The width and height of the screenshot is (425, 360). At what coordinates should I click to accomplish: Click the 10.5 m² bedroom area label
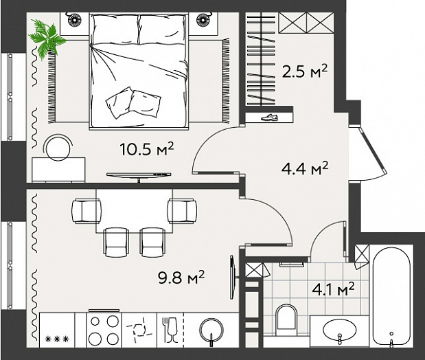point(146,149)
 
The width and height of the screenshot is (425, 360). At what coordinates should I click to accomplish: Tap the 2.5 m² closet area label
point(305,71)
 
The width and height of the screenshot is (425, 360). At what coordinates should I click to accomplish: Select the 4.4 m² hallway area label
point(305,168)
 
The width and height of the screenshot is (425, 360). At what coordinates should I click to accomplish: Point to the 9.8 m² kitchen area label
point(181,277)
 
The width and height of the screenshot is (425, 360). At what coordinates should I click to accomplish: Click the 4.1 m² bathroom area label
point(333,289)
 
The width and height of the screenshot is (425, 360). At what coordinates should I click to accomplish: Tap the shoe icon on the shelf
point(269,117)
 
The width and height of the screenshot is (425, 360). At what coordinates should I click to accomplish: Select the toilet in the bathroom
point(286,320)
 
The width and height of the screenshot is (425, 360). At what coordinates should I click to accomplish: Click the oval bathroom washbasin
point(340,330)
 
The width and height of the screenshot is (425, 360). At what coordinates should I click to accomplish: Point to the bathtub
point(391,297)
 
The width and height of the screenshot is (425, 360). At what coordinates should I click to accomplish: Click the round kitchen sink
point(211,330)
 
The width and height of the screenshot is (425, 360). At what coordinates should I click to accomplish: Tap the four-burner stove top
point(104,330)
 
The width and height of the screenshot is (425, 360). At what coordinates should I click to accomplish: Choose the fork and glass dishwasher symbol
point(170,330)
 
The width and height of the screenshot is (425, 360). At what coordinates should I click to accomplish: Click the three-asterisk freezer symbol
point(57,339)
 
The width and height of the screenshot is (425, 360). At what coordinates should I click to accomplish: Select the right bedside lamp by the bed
point(203,19)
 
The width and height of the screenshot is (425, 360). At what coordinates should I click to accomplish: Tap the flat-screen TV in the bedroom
point(139,175)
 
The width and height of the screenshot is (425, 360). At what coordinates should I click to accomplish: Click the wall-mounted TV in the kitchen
point(233,277)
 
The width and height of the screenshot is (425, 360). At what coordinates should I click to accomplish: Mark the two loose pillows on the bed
point(133,102)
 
